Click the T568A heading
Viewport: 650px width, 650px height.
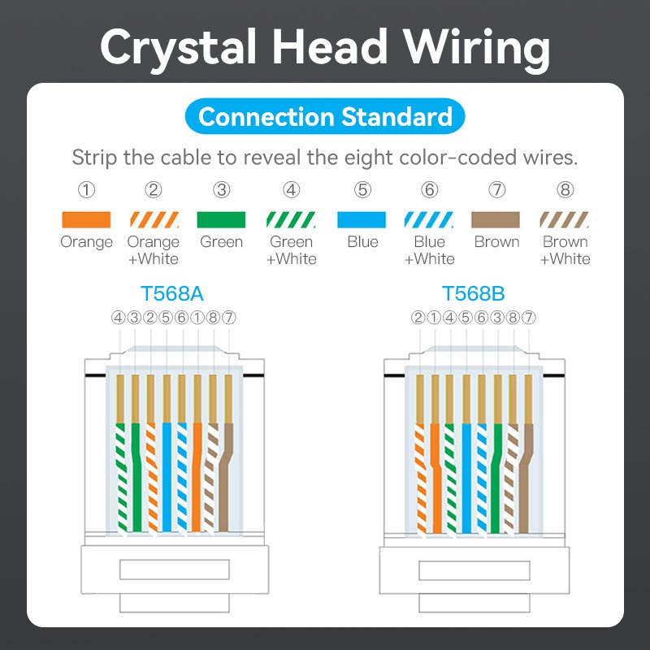click(172, 293)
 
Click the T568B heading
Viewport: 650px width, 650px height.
click(473, 293)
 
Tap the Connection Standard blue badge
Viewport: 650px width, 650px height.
click(325, 116)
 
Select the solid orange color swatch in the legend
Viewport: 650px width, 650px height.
click(86, 219)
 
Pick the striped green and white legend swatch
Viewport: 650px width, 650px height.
click(291, 219)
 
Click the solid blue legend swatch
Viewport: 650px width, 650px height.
click(362, 219)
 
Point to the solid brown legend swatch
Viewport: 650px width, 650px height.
click(496, 219)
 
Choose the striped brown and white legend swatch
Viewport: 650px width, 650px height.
click(564, 219)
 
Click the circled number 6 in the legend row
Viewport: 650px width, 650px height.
click(430, 190)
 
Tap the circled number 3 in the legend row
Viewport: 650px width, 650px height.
click(221, 190)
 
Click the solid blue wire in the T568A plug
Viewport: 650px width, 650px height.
click(167, 477)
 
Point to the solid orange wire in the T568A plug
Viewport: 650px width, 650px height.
click(197, 477)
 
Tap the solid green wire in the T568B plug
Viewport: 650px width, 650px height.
click(496, 477)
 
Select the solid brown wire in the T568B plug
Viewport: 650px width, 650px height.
click(526, 477)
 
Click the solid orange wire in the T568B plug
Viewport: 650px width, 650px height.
click(435, 477)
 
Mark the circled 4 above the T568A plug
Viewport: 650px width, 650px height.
click(118, 318)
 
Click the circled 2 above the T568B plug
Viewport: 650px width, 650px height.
click(418, 318)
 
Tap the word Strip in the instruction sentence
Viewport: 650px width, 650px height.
click(94, 158)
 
